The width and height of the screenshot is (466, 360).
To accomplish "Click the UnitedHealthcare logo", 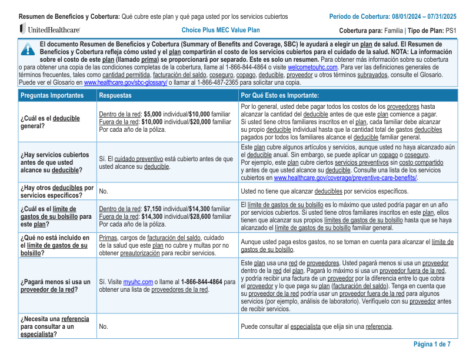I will click(x=50, y=29).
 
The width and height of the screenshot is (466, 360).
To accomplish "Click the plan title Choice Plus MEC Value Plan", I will click(x=221, y=30).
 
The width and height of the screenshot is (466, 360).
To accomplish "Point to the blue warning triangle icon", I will click(x=27, y=49).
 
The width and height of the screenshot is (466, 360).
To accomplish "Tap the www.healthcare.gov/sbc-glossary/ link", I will click(x=125, y=82).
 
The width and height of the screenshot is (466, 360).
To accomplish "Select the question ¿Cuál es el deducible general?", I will click(x=50, y=122).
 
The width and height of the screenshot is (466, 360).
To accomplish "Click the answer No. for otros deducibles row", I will click(x=104, y=191).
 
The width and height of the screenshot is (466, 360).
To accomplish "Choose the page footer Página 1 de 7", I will click(x=432, y=344).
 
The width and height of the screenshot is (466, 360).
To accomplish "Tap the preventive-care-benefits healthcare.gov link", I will click(x=345, y=178).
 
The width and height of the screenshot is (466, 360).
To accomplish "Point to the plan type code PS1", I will click(x=451, y=30).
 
